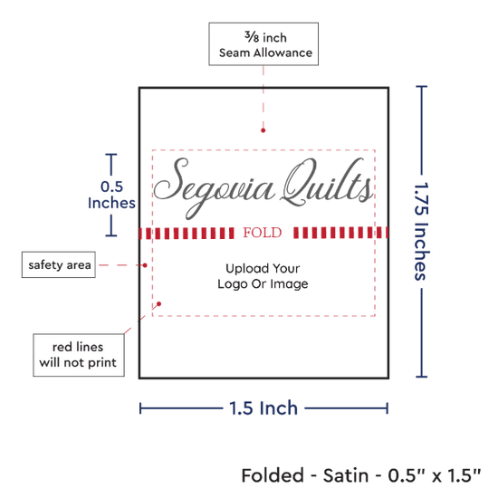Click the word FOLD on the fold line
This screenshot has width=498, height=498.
(x=263, y=233)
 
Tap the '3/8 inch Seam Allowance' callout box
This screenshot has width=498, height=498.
(x=263, y=44)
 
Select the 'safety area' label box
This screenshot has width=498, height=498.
(x=59, y=264)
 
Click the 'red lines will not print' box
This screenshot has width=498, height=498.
(x=79, y=355)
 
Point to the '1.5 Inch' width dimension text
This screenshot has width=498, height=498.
(x=263, y=408)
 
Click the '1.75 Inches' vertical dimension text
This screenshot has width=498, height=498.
(x=421, y=231)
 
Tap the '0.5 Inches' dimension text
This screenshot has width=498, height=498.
(x=111, y=195)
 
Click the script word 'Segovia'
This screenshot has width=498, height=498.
(x=214, y=188)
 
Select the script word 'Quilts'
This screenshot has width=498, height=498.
(x=327, y=183)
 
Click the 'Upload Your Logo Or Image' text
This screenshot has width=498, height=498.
(x=263, y=276)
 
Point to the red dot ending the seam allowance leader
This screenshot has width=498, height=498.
(x=263, y=130)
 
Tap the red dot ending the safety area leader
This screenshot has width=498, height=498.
(x=145, y=265)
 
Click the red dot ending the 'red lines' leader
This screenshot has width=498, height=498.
(x=158, y=304)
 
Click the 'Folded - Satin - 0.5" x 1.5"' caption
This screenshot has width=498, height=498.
(x=361, y=475)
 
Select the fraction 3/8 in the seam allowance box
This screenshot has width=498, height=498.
(x=252, y=37)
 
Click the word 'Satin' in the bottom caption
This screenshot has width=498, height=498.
(x=346, y=475)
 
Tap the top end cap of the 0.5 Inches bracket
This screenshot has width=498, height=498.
(x=111, y=154)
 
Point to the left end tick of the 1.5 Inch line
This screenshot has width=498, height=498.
(x=140, y=408)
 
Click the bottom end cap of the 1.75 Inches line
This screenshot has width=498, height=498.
(x=421, y=377)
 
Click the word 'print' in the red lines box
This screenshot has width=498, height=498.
(x=101, y=363)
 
